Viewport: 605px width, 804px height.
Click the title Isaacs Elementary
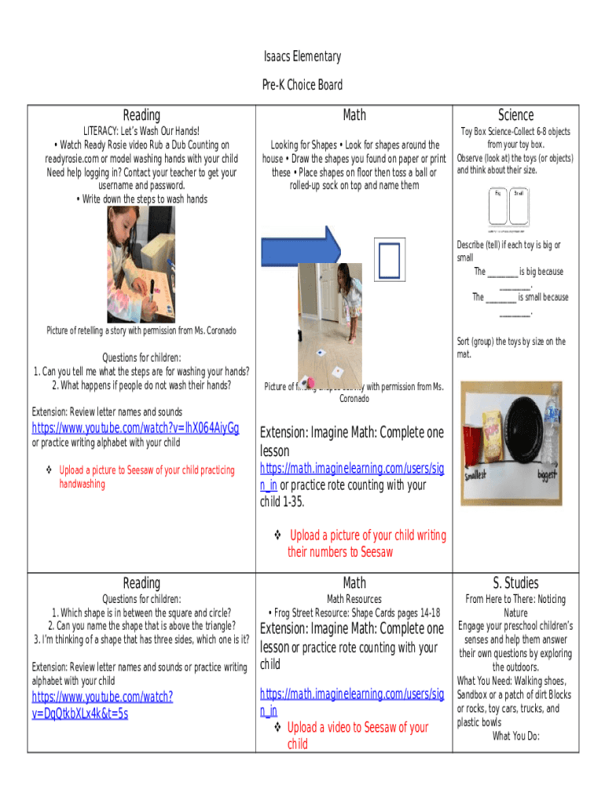[x=302, y=57]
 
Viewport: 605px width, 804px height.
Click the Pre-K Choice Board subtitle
[x=302, y=85]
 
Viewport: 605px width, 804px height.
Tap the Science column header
[x=515, y=115]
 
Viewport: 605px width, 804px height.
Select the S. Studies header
[x=515, y=583]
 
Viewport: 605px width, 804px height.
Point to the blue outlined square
[x=389, y=261]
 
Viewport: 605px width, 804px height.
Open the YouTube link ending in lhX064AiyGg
[x=135, y=428]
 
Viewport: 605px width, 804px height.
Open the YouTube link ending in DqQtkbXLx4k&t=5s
[x=102, y=704]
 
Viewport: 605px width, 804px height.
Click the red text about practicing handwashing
[x=146, y=477]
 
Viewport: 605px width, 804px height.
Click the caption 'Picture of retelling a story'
[x=141, y=331]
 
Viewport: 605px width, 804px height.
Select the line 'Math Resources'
[x=354, y=599]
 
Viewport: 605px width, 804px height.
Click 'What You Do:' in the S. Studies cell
[x=515, y=736]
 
